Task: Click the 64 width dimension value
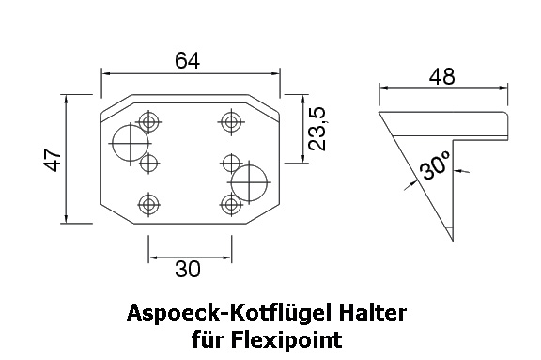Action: coord(187,60)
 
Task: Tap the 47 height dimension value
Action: coord(52,160)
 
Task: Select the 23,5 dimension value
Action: coord(317,129)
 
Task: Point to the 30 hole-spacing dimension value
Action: coord(187,269)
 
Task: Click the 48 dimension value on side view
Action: coord(442,76)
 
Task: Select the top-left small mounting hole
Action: coord(148,122)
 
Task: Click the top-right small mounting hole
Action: coord(231,122)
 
